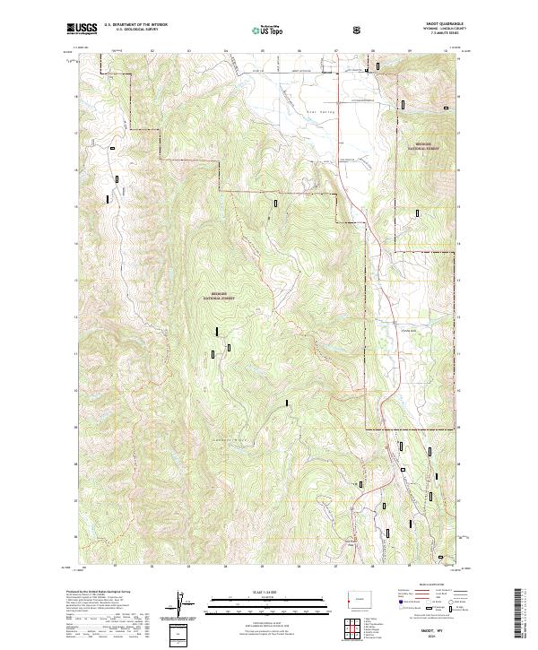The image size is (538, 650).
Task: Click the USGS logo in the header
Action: [x=82, y=30]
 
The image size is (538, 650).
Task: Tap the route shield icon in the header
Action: [x=359, y=30]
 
